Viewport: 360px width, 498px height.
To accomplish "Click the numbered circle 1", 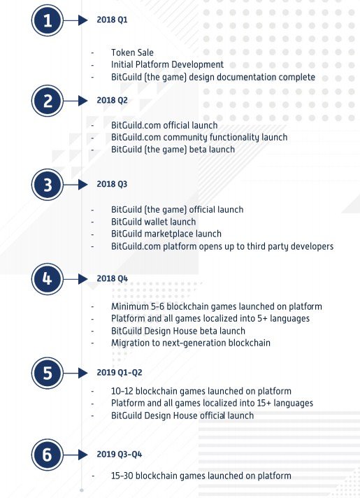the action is [x=48, y=20].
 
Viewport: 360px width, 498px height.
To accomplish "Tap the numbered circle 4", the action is [x=48, y=279].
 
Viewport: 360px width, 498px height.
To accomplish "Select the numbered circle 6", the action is [x=48, y=455].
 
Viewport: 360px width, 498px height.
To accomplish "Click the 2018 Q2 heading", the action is [x=112, y=100].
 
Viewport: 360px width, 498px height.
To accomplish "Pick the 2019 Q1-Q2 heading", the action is [x=120, y=372].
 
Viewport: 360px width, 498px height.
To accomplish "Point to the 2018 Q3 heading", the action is [x=112, y=184].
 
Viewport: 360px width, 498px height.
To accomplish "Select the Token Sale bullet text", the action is [x=132, y=52].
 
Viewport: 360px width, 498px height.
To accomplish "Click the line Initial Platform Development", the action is [x=167, y=64].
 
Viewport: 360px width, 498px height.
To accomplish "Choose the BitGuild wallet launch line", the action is [x=153, y=222].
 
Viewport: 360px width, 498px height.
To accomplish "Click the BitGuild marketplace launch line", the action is [x=166, y=234].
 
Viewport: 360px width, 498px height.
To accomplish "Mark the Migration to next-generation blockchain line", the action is [x=191, y=343].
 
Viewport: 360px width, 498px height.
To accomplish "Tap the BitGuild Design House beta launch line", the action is [x=178, y=331].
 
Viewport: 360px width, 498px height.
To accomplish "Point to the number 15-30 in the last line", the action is [x=122, y=476].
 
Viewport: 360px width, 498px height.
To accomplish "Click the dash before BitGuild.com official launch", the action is [x=92, y=126].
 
